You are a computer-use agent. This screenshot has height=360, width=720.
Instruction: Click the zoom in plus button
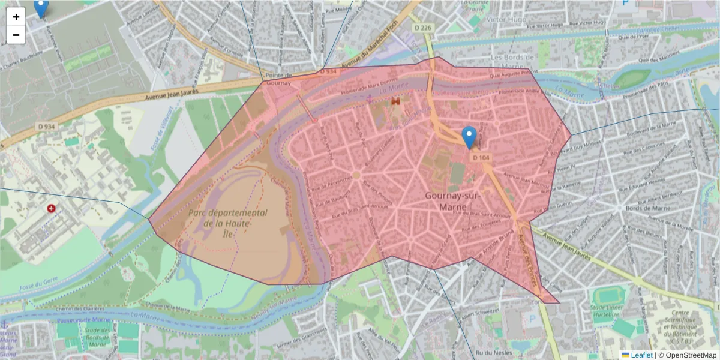[16, 17]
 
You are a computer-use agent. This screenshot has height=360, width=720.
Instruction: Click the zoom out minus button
[16, 35]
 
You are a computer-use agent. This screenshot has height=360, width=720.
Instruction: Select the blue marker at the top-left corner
[40, 8]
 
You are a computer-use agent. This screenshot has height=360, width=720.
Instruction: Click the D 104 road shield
[481, 157]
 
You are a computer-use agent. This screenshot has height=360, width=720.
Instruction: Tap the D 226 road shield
[423, 27]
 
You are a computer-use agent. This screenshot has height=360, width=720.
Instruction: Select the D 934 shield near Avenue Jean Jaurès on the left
[46, 126]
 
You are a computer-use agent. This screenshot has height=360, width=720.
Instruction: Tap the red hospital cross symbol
[52, 208]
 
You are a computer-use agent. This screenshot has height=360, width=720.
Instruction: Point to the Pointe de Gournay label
[278, 79]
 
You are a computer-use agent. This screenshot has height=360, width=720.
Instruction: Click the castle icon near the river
[395, 102]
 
